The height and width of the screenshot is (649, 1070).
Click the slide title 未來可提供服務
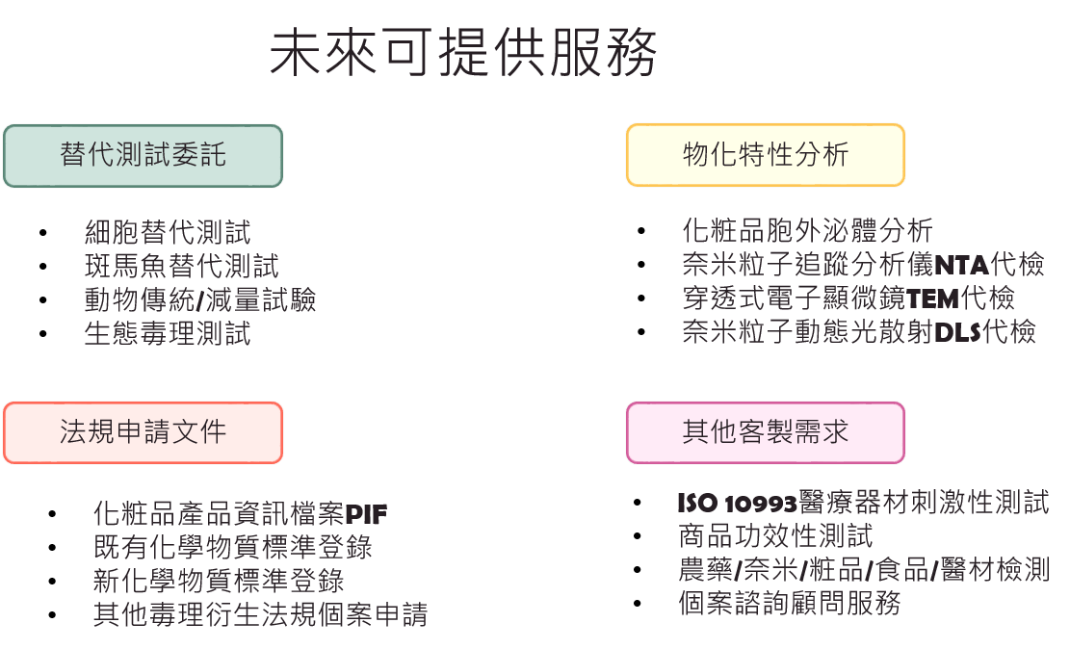(463, 53)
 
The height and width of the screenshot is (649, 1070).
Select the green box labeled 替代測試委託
(143, 156)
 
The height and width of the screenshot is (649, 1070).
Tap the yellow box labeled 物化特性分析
(766, 155)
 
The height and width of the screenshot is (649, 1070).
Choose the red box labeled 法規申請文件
(143, 432)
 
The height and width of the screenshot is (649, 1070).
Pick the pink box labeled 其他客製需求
(766, 432)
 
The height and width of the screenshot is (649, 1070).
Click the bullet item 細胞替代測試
(168, 232)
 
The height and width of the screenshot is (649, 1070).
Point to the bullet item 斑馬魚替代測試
(181, 266)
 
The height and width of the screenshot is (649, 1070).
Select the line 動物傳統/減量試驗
(200, 299)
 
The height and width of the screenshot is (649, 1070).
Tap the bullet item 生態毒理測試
(168, 334)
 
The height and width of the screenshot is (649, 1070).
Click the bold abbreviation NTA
(961, 264)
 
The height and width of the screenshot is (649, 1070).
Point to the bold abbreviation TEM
(932, 299)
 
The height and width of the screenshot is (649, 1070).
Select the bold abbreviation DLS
(957, 332)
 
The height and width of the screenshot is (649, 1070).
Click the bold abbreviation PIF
(366, 514)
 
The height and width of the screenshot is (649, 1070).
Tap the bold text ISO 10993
(738, 504)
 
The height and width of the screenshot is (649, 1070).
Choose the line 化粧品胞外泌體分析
(807, 231)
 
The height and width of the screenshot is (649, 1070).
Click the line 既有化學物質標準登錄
(233, 547)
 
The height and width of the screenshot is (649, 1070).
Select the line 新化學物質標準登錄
(219, 581)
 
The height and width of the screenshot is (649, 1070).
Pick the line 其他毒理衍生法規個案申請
(261, 615)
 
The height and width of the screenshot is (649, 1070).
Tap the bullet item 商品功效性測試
(775, 536)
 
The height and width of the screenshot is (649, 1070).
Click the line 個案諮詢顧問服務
(790, 604)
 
